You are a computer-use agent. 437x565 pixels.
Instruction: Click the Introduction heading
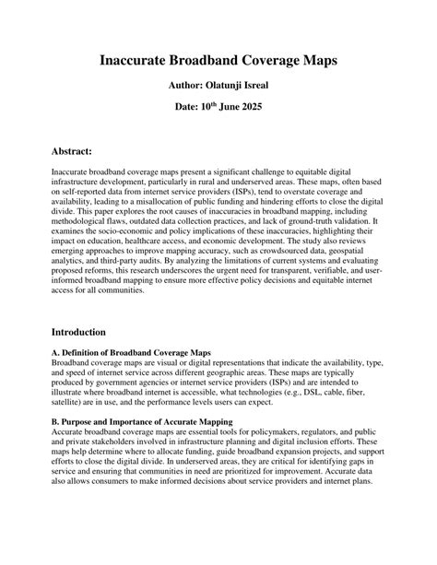[x=78, y=331]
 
